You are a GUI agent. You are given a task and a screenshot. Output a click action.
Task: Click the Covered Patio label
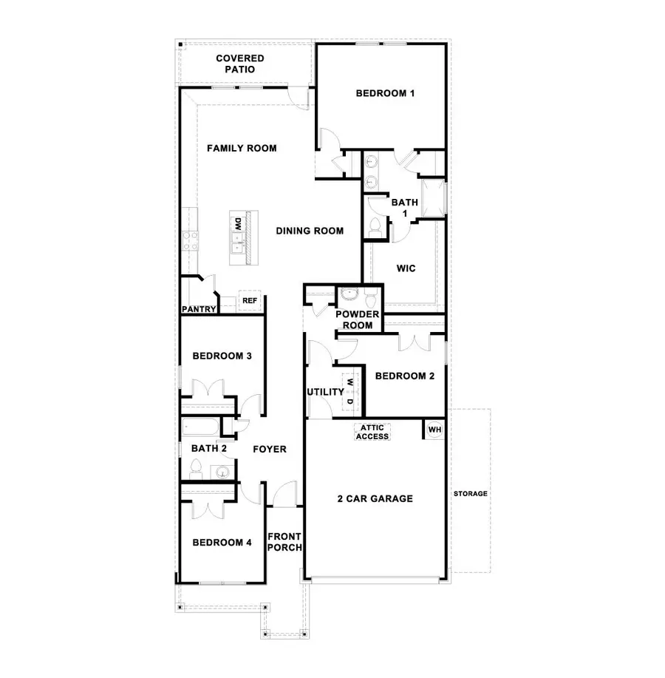(x=240, y=64)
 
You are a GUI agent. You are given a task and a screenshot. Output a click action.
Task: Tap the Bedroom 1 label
(x=385, y=93)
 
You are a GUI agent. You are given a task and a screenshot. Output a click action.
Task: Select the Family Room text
(x=242, y=149)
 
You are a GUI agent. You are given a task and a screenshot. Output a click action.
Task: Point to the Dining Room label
(x=310, y=231)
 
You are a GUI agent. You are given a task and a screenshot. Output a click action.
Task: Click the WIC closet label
(x=406, y=268)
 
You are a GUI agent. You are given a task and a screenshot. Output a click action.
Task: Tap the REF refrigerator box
(x=250, y=302)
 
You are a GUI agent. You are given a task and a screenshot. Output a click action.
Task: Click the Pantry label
(x=199, y=310)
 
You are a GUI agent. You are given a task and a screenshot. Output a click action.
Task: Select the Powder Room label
(x=357, y=319)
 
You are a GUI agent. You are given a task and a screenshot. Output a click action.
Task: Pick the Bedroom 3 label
(x=222, y=356)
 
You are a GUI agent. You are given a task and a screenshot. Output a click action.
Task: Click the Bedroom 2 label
(x=404, y=376)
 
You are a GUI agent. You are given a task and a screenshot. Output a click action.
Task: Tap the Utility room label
(x=325, y=392)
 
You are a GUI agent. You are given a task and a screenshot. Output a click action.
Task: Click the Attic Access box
(x=372, y=432)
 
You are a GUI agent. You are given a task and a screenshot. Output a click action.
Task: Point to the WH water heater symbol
(x=434, y=430)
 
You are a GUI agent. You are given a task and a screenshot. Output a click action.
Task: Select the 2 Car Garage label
(x=375, y=498)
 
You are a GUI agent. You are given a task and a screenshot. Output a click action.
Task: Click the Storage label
(x=470, y=494)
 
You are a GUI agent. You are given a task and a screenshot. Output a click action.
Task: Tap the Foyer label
(x=269, y=449)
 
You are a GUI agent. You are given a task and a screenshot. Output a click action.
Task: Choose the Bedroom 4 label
(x=222, y=543)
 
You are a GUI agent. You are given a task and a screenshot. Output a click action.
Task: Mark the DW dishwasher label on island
(x=239, y=223)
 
